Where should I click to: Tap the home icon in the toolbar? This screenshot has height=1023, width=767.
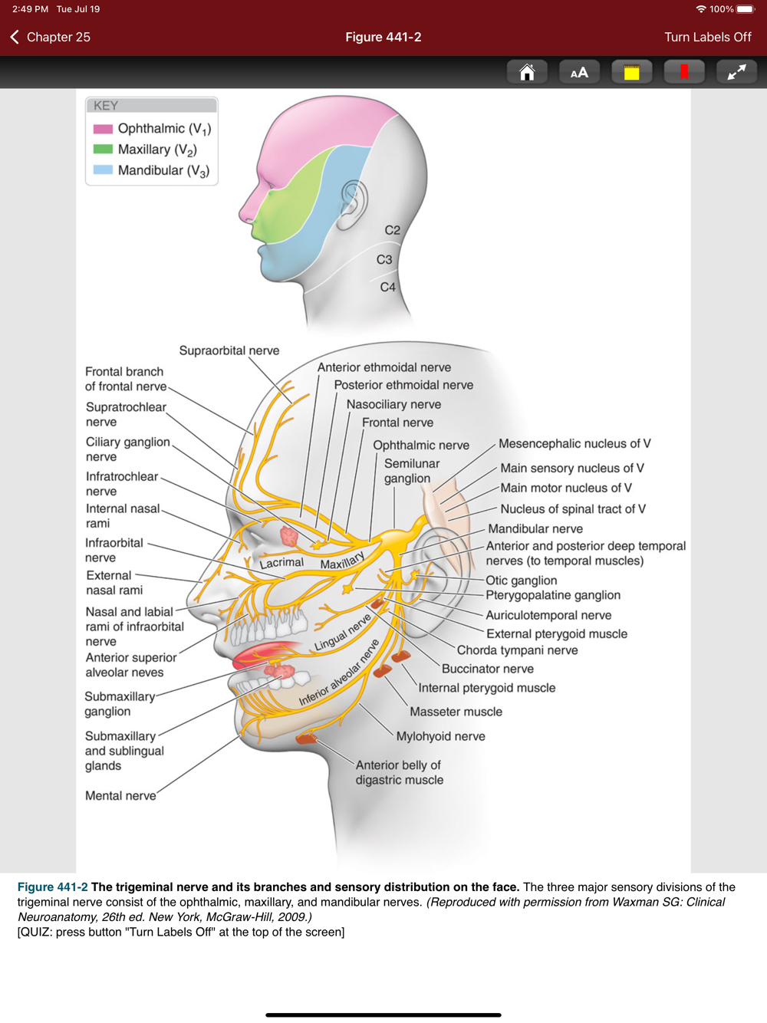pyautogui.click(x=527, y=72)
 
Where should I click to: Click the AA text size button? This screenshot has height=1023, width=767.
pyautogui.click(x=579, y=72)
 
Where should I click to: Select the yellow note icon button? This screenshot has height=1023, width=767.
pyautogui.click(x=631, y=72)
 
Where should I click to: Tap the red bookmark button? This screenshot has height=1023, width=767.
pyautogui.click(x=683, y=72)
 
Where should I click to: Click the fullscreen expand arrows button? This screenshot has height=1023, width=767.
pyautogui.click(x=736, y=72)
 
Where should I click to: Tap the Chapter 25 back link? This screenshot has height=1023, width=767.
pyautogui.click(x=51, y=37)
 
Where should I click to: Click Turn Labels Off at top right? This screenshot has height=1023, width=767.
pyautogui.click(x=707, y=37)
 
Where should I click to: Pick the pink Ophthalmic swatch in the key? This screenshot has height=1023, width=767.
pyautogui.click(x=103, y=129)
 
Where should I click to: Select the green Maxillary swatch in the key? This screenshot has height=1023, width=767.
pyautogui.click(x=103, y=150)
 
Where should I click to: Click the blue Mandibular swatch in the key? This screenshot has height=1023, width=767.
pyautogui.click(x=103, y=170)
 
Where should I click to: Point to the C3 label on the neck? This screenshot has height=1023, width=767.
pyautogui.click(x=384, y=260)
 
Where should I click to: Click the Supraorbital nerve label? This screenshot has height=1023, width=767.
pyautogui.click(x=229, y=350)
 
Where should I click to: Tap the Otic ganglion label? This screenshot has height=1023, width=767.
pyautogui.click(x=522, y=581)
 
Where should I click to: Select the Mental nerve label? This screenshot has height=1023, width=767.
pyautogui.click(x=120, y=796)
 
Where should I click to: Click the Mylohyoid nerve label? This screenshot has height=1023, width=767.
pyautogui.click(x=440, y=736)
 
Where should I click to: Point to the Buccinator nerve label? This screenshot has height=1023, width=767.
pyautogui.click(x=487, y=669)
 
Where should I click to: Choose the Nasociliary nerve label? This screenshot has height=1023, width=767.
pyautogui.click(x=393, y=404)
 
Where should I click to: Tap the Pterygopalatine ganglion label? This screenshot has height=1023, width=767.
pyautogui.click(x=553, y=595)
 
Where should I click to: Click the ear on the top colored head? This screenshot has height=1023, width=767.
pyautogui.click(x=353, y=204)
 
